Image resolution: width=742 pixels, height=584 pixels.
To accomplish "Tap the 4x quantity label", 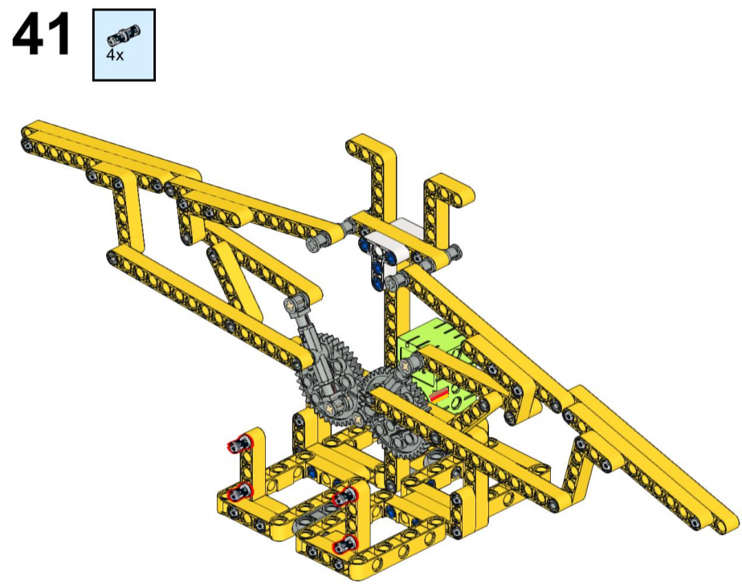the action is tap(115, 55).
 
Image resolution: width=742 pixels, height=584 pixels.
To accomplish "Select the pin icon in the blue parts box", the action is tap(124, 35).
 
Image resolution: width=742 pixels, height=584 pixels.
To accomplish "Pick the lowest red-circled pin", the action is tap(345, 545).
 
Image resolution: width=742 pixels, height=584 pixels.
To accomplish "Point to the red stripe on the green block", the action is tap(439, 394).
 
